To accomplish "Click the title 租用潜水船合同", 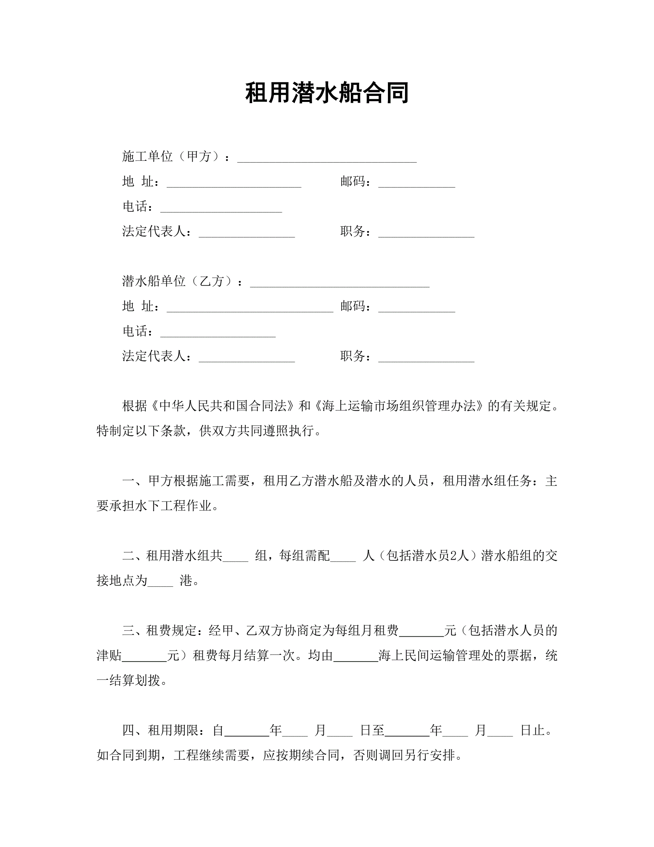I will (327, 93).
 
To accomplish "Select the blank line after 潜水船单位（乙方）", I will (339, 284).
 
